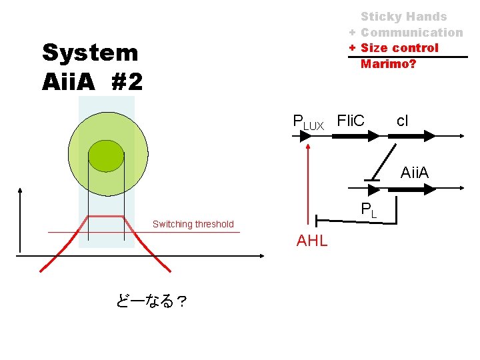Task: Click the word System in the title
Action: pyautogui.click(x=89, y=53)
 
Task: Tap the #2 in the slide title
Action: pyautogui.click(x=127, y=82)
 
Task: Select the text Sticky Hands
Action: pyautogui.click(x=403, y=17)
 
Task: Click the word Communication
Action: pyautogui.click(x=411, y=33)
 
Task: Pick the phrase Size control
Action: pyautogui.click(x=399, y=48)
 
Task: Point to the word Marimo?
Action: pyautogui.click(x=388, y=64)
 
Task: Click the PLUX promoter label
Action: pyautogui.click(x=308, y=122)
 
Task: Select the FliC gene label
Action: pyautogui.click(x=351, y=121)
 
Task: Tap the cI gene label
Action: pyautogui.click(x=403, y=121)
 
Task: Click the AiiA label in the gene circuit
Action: pyautogui.click(x=415, y=173)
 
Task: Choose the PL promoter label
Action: pyautogui.click(x=369, y=210)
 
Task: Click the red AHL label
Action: pyautogui.click(x=312, y=241)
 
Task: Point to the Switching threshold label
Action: pyautogui.click(x=193, y=224)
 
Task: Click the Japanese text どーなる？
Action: pyautogui.click(x=151, y=302)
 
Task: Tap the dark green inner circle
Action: pyautogui.click(x=106, y=155)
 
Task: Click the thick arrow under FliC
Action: pyautogui.click(x=355, y=136)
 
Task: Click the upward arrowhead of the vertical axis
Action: pyautogui.click(x=21, y=192)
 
